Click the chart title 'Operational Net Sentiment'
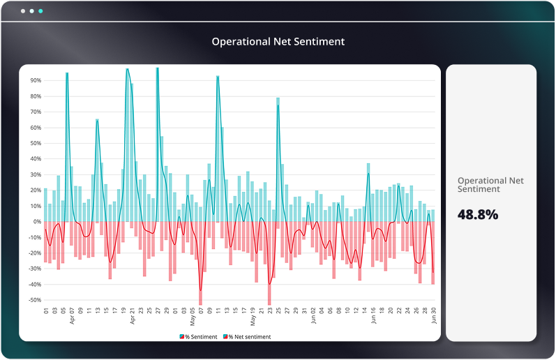pyautogui.click(x=278, y=42)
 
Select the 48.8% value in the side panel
pyautogui.click(x=478, y=214)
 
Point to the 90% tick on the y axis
pyautogui.click(x=34, y=80)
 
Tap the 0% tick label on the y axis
pyautogui.click(x=36, y=222)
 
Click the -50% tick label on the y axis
pyautogui.click(x=33, y=300)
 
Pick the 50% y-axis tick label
pyautogui.click(x=34, y=143)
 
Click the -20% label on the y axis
pyautogui.click(x=33, y=253)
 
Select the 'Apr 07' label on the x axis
pyautogui.click(x=72, y=317)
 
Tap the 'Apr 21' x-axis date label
pyautogui.click(x=133, y=317)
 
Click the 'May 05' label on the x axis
pyautogui.click(x=193, y=317)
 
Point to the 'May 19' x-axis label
pyautogui.click(x=253, y=317)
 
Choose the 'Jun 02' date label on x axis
pyautogui.click(x=313, y=317)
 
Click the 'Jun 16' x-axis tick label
pyautogui.click(x=373, y=317)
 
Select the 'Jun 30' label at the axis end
pyautogui.click(x=433, y=317)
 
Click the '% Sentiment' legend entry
pyautogui.click(x=200, y=336)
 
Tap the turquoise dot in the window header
pyautogui.click(x=40, y=12)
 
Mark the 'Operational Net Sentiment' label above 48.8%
pyautogui.click(x=490, y=184)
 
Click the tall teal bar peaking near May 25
pyautogui.click(x=278, y=160)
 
